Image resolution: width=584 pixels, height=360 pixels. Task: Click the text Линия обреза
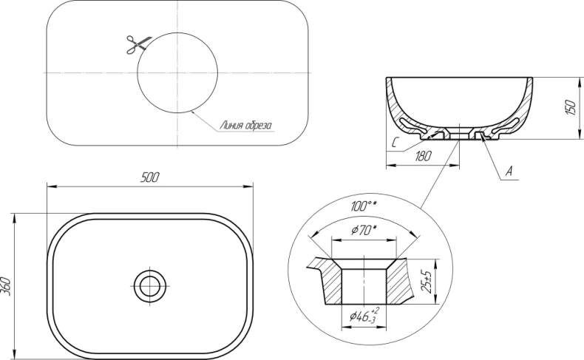(245, 126)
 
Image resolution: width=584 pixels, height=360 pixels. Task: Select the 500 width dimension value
(150, 177)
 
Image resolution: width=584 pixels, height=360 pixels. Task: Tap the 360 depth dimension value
(6, 287)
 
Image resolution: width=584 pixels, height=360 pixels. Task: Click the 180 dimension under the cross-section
(422, 156)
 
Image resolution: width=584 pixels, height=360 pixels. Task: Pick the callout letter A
(509, 171)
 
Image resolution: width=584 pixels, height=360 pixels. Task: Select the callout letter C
(396, 142)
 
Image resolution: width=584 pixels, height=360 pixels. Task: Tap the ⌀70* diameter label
(364, 231)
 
